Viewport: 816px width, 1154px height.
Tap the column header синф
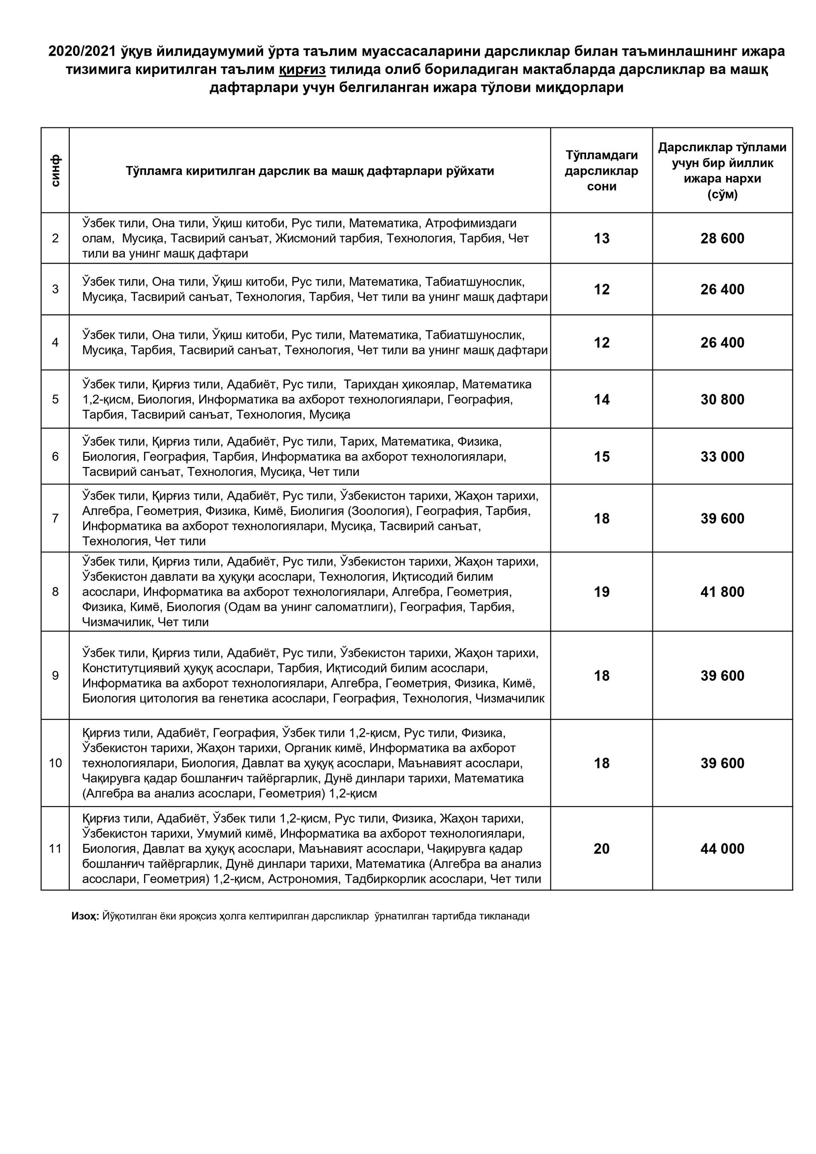(55, 170)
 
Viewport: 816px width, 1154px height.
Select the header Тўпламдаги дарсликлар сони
(601, 170)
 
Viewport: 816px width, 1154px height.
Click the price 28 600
(722, 238)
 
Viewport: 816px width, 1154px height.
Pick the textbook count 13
(601, 238)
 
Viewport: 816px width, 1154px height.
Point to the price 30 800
(722, 399)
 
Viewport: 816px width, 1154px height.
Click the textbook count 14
(601, 399)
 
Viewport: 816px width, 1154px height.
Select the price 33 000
(722, 457)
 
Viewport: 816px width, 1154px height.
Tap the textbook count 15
(601, 457)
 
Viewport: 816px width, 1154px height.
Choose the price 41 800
(722, 592)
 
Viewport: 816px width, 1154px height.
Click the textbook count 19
(601, 592)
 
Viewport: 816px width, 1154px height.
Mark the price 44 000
(722, 849)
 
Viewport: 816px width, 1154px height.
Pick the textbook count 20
(601, 849)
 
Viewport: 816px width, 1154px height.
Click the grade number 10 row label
(55, 763)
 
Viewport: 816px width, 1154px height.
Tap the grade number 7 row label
(55, 518)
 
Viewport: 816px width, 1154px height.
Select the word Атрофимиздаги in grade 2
(471, 223)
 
